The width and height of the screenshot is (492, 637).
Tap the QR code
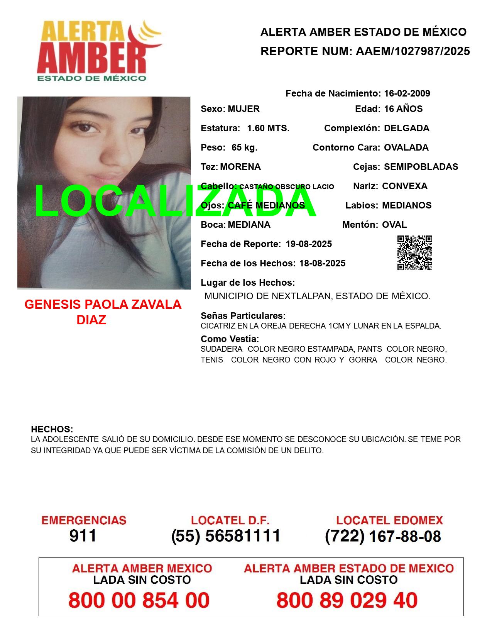(x=415, y=253)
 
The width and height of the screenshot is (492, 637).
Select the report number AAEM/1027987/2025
(x=413, y=51)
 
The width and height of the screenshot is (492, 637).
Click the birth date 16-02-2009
(x=407, y=93)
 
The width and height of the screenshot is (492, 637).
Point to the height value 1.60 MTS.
(x=268, y=128)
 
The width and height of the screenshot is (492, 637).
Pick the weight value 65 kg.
(x=244, y=147)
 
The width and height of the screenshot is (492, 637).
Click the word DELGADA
(x=406, y=128)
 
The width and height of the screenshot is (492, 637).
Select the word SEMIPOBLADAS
(x=421, y=167)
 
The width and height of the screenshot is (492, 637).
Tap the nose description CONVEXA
(x=404, y=186)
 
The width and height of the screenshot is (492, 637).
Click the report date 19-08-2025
(x=309, y=244)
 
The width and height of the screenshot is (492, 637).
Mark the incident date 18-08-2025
(x=322, y=263)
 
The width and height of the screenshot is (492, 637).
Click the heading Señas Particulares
(x=243, y=316)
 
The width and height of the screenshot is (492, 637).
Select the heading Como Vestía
(x=230, y=339)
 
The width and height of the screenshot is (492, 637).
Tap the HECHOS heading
(x=52, y=429)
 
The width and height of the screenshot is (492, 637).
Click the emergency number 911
(x=83, y=536)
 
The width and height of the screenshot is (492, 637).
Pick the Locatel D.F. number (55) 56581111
(x=226, y=536)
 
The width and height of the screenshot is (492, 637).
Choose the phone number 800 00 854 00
(x=139, y=600)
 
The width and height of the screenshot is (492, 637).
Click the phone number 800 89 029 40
(x=347, y=600)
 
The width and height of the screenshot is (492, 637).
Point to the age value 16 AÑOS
(x=403, y=109)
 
